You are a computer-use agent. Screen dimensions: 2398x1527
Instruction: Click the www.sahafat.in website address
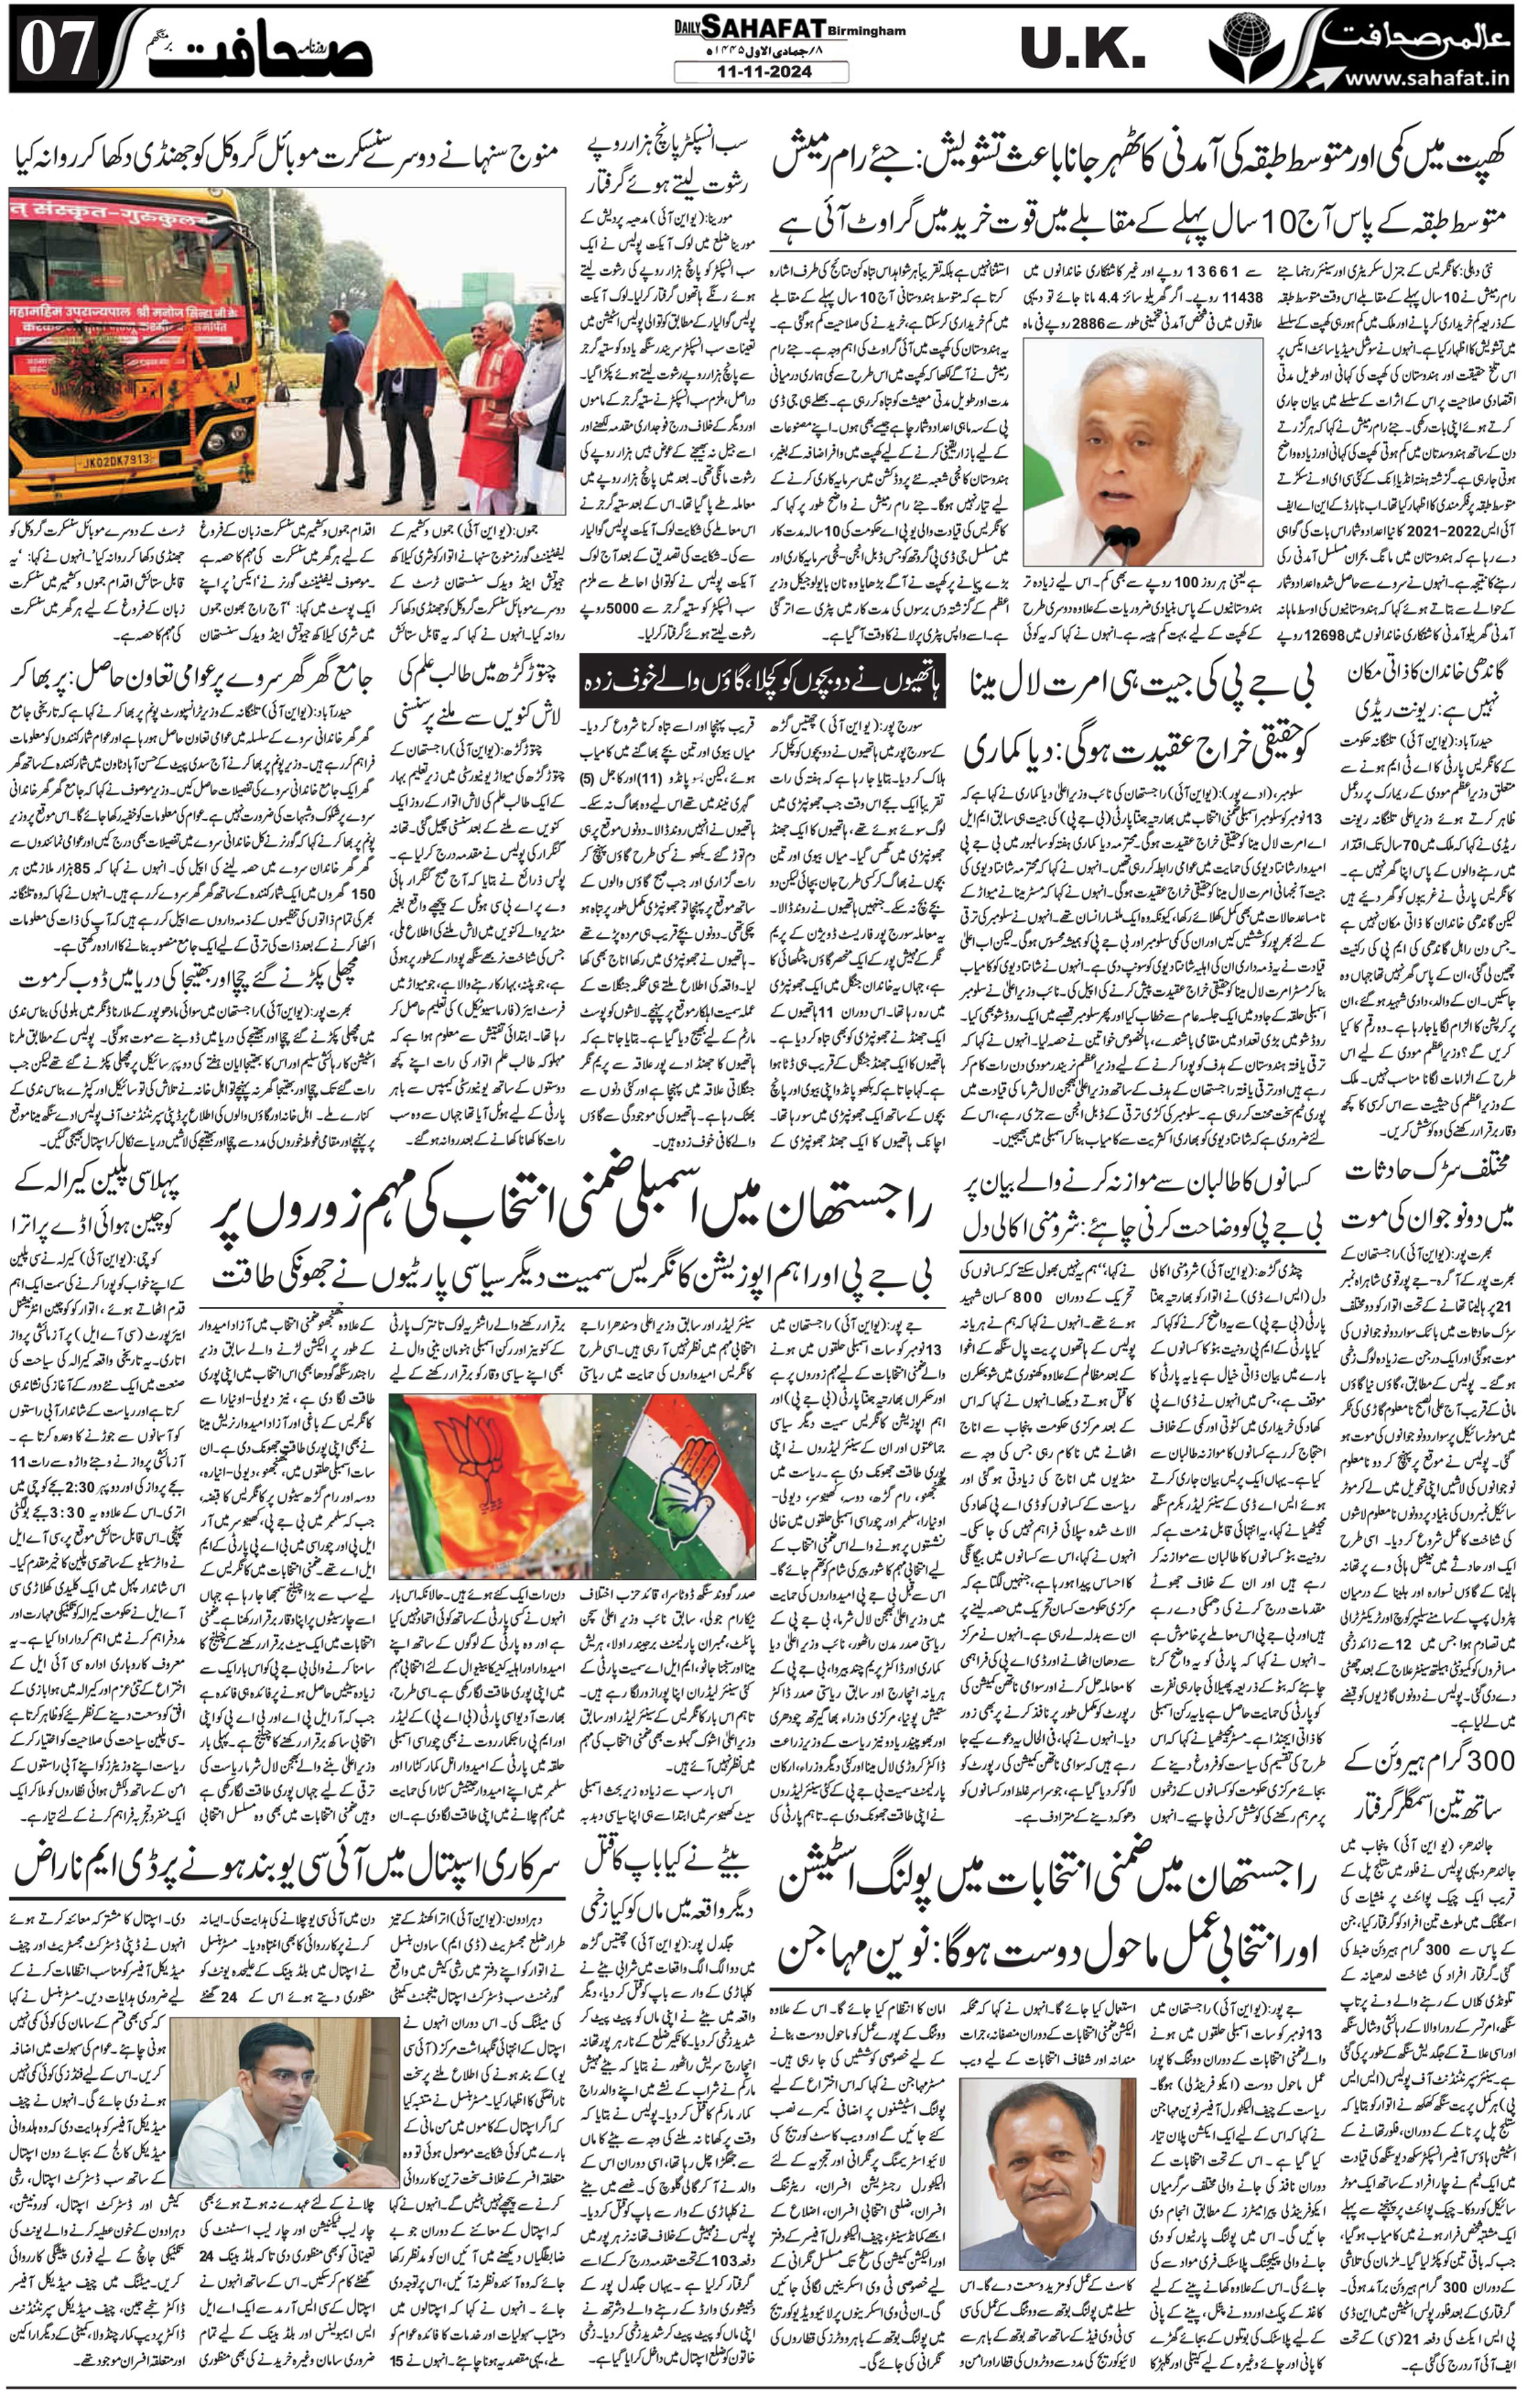coord(1424,78)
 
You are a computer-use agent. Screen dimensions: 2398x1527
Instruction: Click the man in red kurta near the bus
coord(493,399)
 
